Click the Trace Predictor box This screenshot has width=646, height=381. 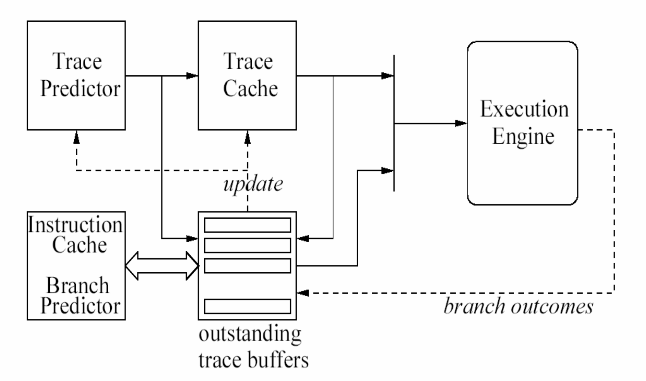pyautogui.click(x=76, y=75)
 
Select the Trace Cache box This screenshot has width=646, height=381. pyautogui.click(x=247, y=75)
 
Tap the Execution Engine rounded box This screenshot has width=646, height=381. pyautogui.click(x=522, y=123)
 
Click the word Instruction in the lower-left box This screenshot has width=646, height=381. pyautogui.click(x=76, y=225)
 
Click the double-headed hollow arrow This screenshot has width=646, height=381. pyautogui.click(x=162, y=266)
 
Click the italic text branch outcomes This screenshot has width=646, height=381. pyautogui.click(x=519, y=306)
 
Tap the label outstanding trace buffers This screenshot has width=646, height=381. pyautogui.click(x=253, y=347)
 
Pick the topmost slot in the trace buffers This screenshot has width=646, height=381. pyautogui.click(x=247, y=225)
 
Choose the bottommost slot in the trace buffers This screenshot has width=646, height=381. pyautogui.click(x=247, y=306)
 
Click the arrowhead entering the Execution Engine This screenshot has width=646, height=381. pyautogui.click(x=461, y=123)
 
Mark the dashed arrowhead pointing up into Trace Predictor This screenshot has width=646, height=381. pyautogui.click(x=76, y=138)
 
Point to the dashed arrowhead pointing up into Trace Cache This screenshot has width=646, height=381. pyautogui.click(x=247, y=138)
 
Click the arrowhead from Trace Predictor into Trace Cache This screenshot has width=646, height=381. pyautogui.click(x=192, y=76)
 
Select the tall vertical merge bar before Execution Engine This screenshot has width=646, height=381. pyautogui.click(x=394, y=123)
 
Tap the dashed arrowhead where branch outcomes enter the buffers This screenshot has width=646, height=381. pyautogui.click(x=303, y=293)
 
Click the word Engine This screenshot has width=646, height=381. pyautogui.click(x=523, y=136)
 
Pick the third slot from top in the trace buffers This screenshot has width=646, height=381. pyautogui.click(x=247, y=266)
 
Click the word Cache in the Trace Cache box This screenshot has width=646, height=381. pyautogui.click(x=250, y=89)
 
